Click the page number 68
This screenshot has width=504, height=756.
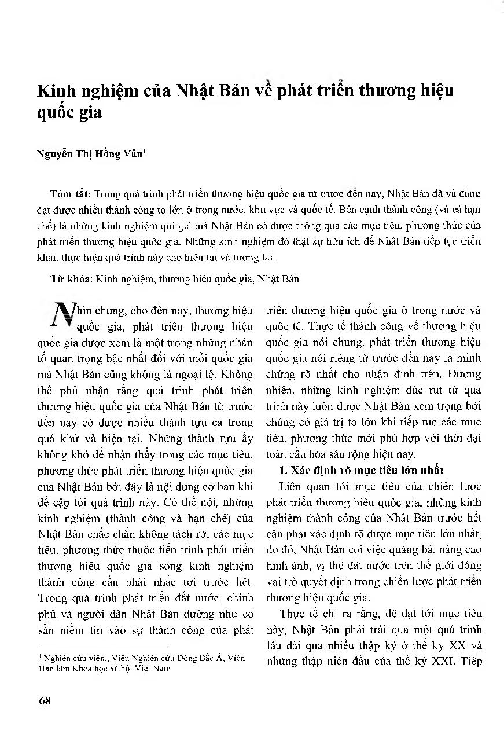tap(45, 700)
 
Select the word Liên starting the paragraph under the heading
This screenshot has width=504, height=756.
tap(289, 486)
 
